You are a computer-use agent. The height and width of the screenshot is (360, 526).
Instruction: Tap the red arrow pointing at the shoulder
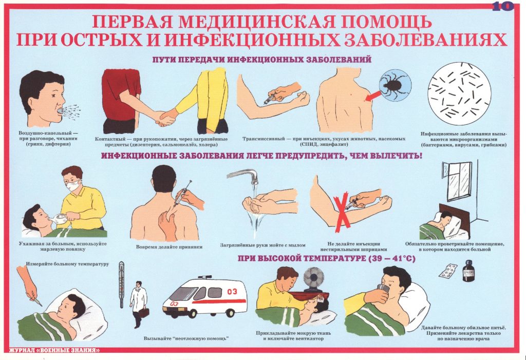(x=372, y=96)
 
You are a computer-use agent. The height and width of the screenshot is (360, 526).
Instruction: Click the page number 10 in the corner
(x=502, y=6)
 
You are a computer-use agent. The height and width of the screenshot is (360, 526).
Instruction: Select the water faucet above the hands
(x=243, y=176)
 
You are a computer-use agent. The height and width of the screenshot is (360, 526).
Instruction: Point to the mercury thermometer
(x=121, y=285)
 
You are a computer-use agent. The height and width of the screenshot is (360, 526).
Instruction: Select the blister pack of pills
(x=447, y=271)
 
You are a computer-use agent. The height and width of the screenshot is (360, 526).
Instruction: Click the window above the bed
(x=457, y=181)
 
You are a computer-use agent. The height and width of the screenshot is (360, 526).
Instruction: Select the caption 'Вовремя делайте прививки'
(x=170, y=247)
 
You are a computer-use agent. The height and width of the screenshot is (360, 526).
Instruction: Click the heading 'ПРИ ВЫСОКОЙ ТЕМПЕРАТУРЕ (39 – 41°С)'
(x=326, y=258)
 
